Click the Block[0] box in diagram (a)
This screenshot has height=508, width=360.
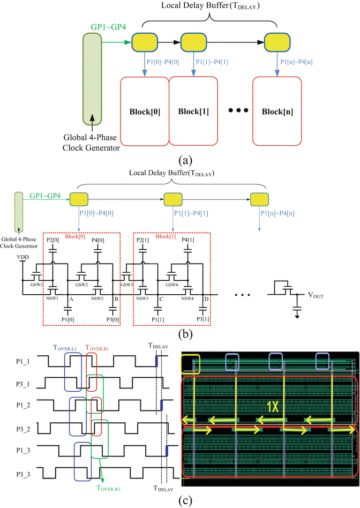[x=144, y=112]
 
